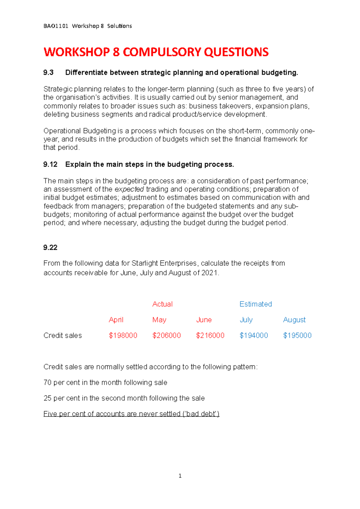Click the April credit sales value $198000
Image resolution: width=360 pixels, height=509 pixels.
(x=123, y=335)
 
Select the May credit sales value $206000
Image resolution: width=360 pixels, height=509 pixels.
(x=166, y=335)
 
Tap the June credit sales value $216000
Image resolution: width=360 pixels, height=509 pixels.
(x=210, y=335)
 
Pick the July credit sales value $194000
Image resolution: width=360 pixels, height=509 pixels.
(x=254, y=335)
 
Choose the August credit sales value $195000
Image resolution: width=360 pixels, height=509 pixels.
(x=297, y=335)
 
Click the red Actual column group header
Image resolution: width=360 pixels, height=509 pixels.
(x=162, y=304)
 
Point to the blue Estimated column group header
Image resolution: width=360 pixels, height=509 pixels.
(x=256, y=304)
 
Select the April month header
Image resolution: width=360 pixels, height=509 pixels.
(x=116, y=320)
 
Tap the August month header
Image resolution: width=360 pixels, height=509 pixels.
(x=294, y=320)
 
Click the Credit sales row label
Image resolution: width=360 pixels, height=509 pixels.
(x=62, y=335)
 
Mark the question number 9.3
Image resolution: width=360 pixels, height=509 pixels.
(x=49, y=73)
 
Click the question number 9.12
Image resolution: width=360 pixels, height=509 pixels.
(x=50, y=164)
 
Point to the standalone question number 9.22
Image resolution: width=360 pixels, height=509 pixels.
(x=50, y=247)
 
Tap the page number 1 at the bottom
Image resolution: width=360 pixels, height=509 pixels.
(x=180, y=476)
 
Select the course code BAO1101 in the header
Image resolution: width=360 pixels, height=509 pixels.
(x=56, y=26)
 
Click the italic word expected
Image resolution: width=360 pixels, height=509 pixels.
(x=129, y=189)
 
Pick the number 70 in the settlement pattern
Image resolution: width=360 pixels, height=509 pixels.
(x=47, y=382)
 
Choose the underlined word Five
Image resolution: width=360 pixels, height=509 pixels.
(x=50, y=414)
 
